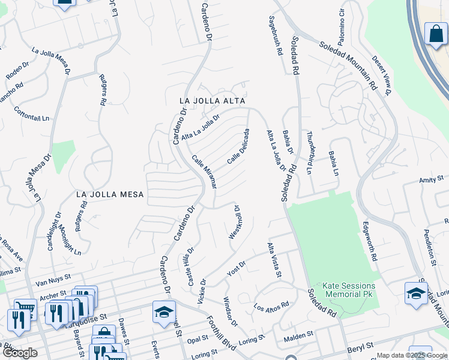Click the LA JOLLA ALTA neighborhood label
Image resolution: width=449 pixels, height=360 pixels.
pos(214,101)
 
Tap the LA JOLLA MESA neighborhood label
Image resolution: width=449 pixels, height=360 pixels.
pos(110,194)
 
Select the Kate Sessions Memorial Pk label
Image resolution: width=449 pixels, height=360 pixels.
pos(349,290)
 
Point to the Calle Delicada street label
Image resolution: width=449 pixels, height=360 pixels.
pos(238,147)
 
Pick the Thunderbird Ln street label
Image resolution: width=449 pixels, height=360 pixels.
pos(310,153)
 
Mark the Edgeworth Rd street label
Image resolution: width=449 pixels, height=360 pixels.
pos(370,241)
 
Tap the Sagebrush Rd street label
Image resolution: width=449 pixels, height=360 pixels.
pos(276,36)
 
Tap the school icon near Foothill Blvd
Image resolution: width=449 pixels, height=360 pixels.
pos(164,312)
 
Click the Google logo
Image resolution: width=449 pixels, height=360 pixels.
pos(20,353)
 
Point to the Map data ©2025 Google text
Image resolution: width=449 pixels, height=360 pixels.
pos(411,355)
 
